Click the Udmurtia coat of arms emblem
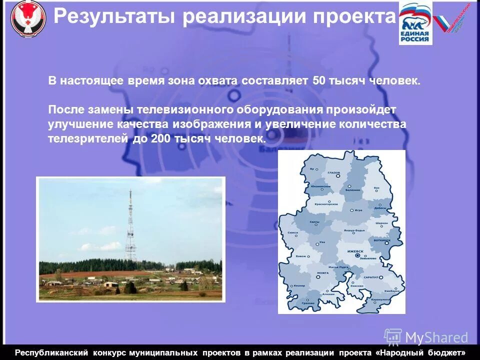28,18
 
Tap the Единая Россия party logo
415,23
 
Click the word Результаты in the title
114,16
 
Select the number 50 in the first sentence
319,81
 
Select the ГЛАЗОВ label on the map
333,173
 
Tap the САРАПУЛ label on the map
371,276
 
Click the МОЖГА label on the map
323,273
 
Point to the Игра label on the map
358,210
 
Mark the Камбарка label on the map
392,291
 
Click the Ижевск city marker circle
357,255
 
